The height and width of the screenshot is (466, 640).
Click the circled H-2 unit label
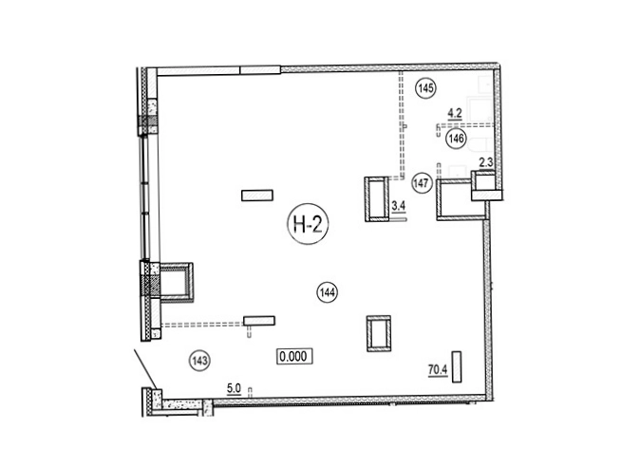(308, 224)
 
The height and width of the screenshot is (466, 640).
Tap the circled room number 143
(200, 361)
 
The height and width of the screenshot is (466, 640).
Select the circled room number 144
(328, 292)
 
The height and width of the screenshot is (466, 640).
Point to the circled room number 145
(425, 88)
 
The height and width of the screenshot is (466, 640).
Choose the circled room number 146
(457, 139)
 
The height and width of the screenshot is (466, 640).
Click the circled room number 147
(421, 183)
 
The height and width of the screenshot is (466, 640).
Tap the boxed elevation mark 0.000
(294, 356)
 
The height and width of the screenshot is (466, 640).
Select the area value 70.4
(438, 370)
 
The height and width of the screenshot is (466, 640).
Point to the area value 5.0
(235, 388)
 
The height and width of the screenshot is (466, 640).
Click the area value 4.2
(455, 114)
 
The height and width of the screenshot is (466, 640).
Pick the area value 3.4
(398, 207)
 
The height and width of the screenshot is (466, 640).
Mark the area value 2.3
(486, 163)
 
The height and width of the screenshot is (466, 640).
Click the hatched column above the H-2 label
(257, 196)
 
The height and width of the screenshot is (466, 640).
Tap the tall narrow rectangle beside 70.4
(457, 367)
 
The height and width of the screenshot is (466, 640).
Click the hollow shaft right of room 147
(438, 200)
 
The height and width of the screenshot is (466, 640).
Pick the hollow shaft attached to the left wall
(191, 283)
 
